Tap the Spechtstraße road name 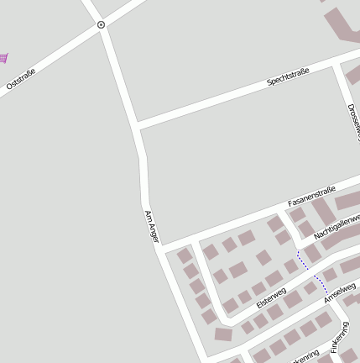coord(288,77)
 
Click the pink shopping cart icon coord(3,57)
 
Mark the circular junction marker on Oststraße coord(102,25)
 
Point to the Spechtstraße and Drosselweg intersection coord(337,64)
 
